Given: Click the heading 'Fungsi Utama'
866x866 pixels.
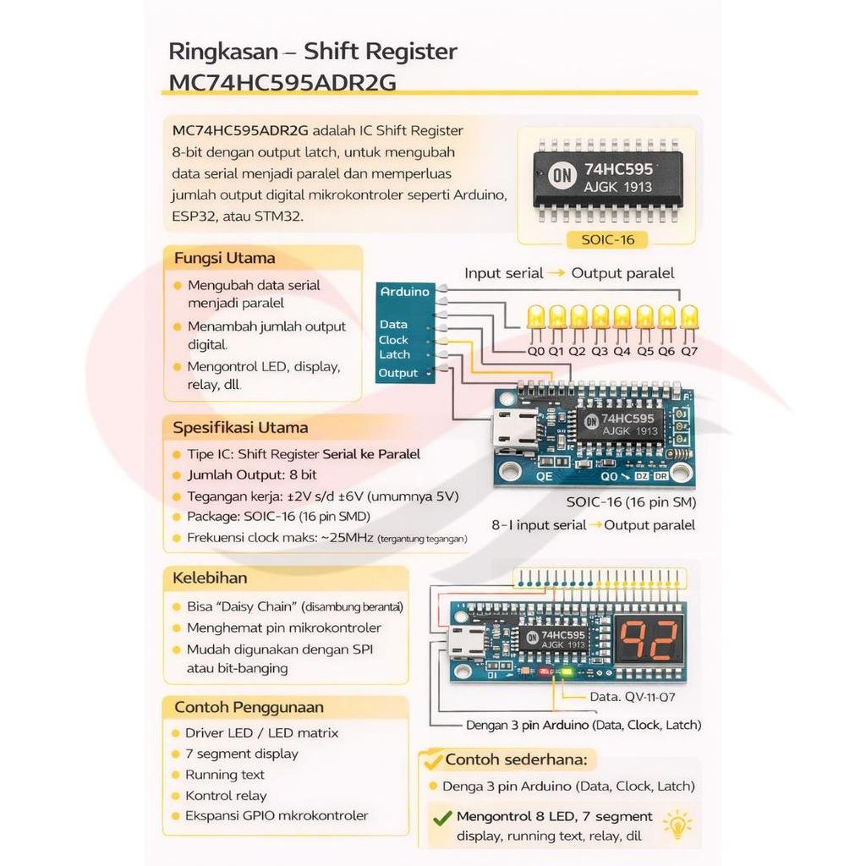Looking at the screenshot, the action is (224, 258).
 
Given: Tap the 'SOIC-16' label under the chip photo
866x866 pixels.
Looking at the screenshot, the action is (607, 239).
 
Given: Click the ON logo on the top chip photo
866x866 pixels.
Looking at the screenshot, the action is (562, 176).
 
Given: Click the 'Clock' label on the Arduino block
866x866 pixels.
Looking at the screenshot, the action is (393, 340).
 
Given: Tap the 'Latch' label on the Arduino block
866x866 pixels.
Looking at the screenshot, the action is (394, 354).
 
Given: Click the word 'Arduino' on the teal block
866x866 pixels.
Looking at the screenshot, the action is (405, 292).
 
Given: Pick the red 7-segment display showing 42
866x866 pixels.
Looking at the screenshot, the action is (649, 640).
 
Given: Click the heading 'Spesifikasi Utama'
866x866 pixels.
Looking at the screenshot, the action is (240, 427).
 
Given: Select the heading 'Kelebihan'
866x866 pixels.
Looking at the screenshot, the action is (210, 578).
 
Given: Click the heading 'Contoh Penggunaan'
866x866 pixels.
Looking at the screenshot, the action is (249, 707).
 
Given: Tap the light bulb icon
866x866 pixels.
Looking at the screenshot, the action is (677, 825).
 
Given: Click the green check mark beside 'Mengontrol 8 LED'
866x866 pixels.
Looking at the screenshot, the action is (442, 818).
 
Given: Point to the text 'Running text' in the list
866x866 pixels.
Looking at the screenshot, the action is (225, 775).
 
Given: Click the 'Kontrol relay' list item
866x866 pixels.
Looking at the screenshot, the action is (226, 796).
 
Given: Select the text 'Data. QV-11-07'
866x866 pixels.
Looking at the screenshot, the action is (633, 697).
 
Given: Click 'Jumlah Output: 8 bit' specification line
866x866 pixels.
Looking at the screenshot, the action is (252, 475).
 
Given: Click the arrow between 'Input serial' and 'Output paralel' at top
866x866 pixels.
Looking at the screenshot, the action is (556, 273).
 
